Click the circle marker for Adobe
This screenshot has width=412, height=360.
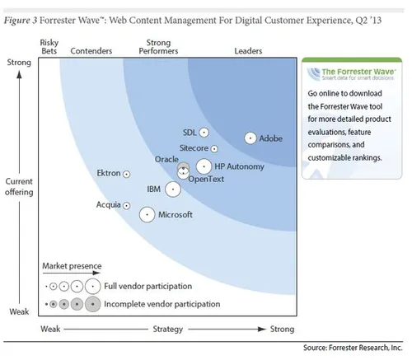(x=250, y=138)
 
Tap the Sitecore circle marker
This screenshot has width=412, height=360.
(x=214, y=149)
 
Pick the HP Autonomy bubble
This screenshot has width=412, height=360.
(x=204, y=166)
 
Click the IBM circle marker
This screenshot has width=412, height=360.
(x=172, y=189)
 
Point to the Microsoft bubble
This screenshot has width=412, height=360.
(x=147, y=214)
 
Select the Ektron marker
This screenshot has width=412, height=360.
(x=126, y=174)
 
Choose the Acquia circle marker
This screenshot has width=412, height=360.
(x=126, y=205)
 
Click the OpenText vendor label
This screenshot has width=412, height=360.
(x=206, y=179)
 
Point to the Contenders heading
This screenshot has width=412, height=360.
(x=91, y=50)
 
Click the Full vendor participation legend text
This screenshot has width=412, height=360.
(x=147, y=286)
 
